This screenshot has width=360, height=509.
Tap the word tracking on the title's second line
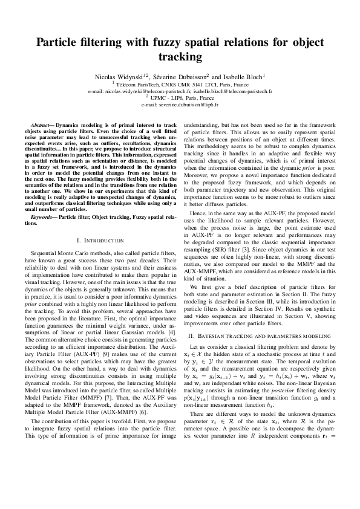(x=180, y=57)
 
